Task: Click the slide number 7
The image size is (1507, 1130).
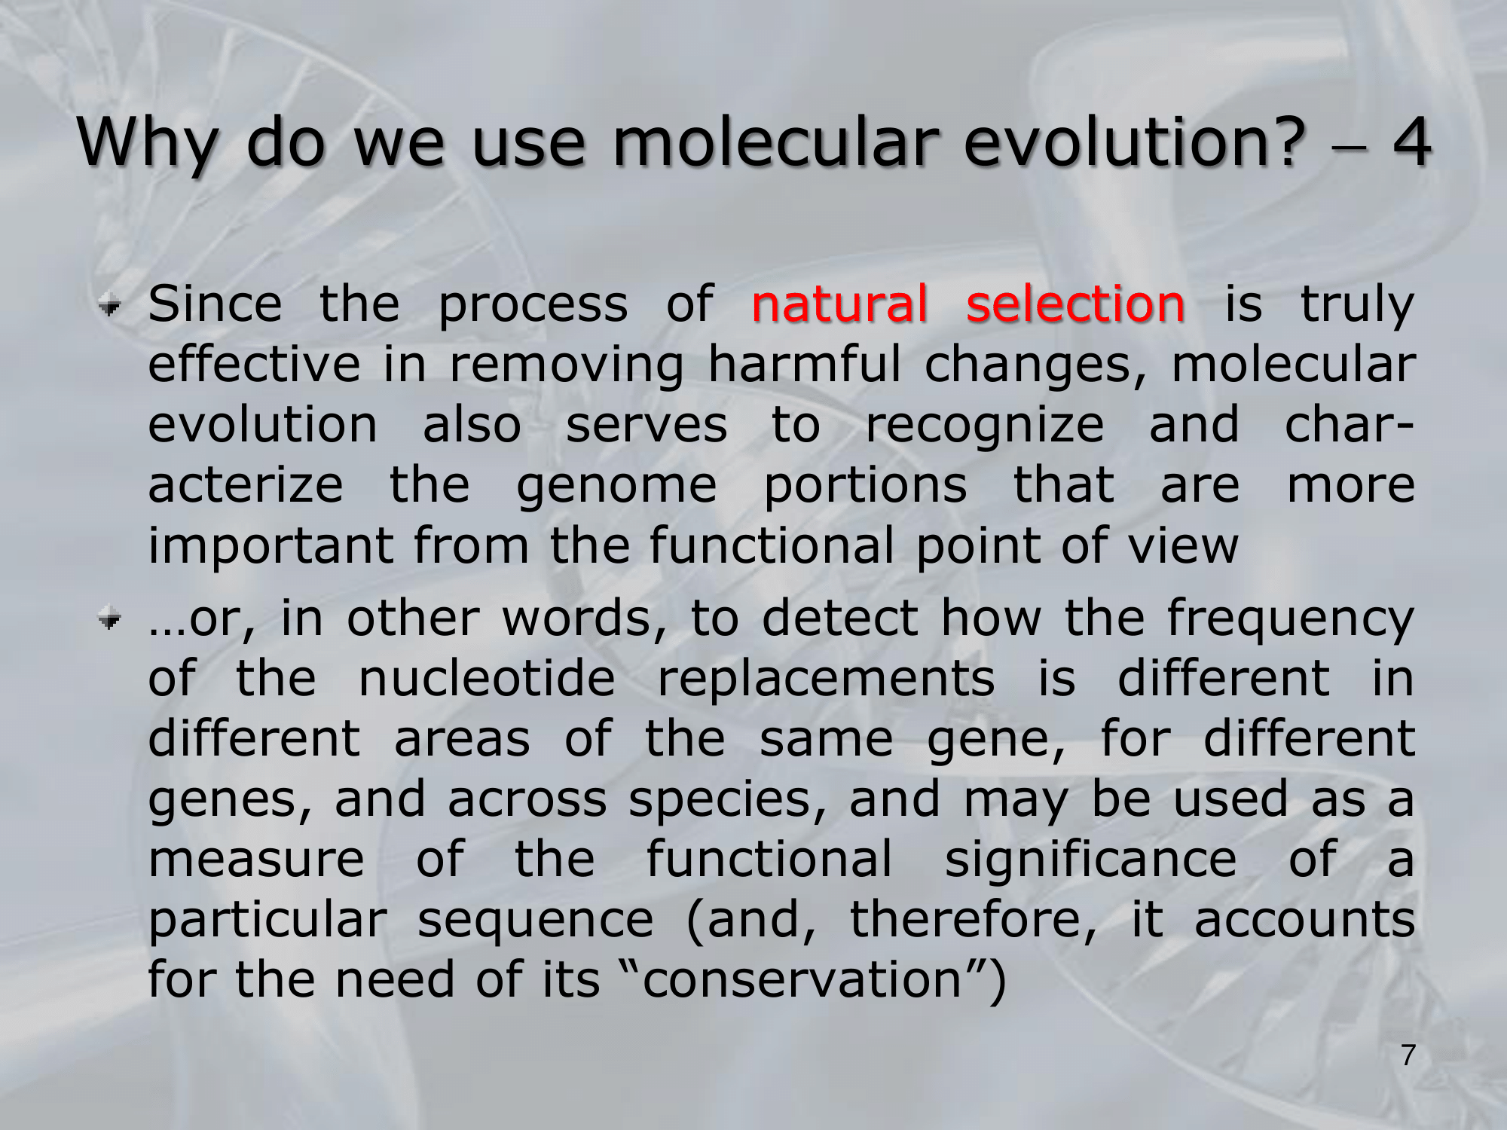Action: (1408, 1055)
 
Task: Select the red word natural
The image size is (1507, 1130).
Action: (839, 304)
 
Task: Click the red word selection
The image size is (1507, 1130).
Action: (1075, 304)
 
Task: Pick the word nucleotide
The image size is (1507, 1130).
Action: (487, 677)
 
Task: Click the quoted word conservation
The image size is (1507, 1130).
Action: (802, 980)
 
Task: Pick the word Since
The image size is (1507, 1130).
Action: (216, 304)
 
